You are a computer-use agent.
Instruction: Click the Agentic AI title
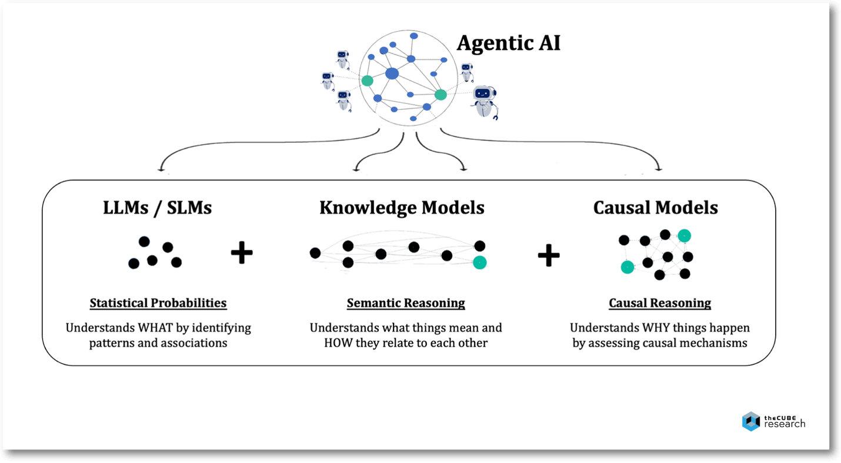tap(508, 43)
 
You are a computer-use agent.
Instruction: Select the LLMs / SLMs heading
tap(157, 208)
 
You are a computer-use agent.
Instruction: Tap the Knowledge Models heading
tap(402, 208)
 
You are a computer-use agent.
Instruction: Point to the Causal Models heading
tap(655, 208)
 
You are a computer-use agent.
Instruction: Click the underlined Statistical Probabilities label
tap(158, 303)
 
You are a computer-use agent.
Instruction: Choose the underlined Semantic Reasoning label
tap(406, 303)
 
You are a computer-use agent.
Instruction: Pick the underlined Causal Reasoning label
tap(659, 303)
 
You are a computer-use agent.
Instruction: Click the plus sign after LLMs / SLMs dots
tap(241, 254)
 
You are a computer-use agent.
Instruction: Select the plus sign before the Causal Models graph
tap(548, 256)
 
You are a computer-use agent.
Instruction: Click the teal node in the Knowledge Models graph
tap(480, 262)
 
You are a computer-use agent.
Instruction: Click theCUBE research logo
tap(773, 421)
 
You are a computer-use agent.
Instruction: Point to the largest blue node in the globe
tap(392, 74)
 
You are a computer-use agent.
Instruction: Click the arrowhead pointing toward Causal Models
tap(659, 169)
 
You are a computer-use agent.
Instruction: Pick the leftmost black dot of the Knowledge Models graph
tap(315, 253)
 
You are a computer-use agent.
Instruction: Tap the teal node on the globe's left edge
tap(367, 81)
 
